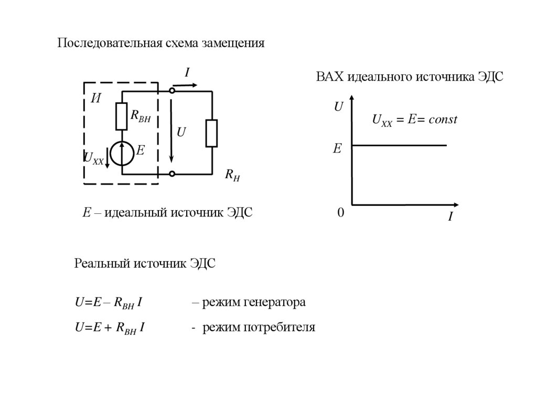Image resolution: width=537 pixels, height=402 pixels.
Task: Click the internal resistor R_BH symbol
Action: pos(122,116)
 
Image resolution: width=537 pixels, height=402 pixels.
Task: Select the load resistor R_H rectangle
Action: pos(212,133)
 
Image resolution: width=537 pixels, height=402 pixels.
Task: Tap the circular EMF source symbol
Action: pos(122,152)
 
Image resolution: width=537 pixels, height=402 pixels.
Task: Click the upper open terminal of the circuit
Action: pos(172,91)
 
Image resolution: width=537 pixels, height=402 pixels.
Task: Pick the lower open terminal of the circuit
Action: pos(172,173)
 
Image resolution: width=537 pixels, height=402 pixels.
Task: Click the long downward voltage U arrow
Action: pos(171,131)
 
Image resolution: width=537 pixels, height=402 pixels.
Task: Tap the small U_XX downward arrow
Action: pos(107,158)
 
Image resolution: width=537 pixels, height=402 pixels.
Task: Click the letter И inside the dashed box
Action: pos(96,98)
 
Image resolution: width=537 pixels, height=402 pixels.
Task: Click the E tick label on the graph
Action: pos(337,149)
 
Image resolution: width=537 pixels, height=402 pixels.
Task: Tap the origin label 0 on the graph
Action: pos(340,213)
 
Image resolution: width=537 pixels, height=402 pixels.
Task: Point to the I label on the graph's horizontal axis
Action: pos(450,216)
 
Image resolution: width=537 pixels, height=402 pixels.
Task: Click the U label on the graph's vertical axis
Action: pos(338,107)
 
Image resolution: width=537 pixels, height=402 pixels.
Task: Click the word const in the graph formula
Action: pos(443,119)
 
